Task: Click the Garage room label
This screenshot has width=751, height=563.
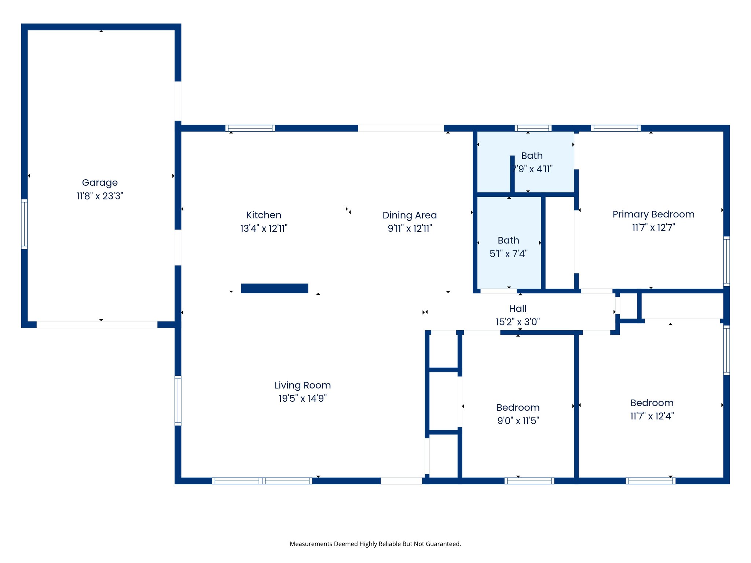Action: [100, 183]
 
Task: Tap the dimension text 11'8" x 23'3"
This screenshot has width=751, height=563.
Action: [100, 196]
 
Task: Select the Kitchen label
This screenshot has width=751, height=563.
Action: [264, 215]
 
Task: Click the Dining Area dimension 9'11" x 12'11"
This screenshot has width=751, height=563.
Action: [410, 229]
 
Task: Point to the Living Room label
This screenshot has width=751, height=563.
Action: [303, 385]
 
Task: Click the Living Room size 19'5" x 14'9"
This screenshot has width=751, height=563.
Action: [303, 398]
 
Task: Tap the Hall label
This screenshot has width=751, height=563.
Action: [517, 309]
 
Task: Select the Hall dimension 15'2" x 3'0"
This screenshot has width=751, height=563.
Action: [517, 322]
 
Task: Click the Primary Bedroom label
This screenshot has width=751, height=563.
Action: [653, 214]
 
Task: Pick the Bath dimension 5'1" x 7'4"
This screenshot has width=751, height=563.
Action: [508, 254]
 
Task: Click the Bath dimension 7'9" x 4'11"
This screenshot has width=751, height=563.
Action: [532, 169]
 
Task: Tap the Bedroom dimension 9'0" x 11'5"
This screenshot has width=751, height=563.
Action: [518, 421]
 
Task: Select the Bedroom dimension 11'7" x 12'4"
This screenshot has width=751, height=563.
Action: [652, 416]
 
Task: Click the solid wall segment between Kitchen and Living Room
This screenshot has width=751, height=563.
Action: [274, 288]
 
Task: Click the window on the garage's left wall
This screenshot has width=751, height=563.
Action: [24, 224]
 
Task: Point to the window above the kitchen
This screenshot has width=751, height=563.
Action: [250, 128]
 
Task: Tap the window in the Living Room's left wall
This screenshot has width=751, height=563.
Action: [178, 401]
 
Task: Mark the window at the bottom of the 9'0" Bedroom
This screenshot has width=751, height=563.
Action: [529, 481]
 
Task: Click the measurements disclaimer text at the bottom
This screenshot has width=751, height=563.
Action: [375, 544]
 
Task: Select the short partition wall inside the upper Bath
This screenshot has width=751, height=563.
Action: [512, 174]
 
